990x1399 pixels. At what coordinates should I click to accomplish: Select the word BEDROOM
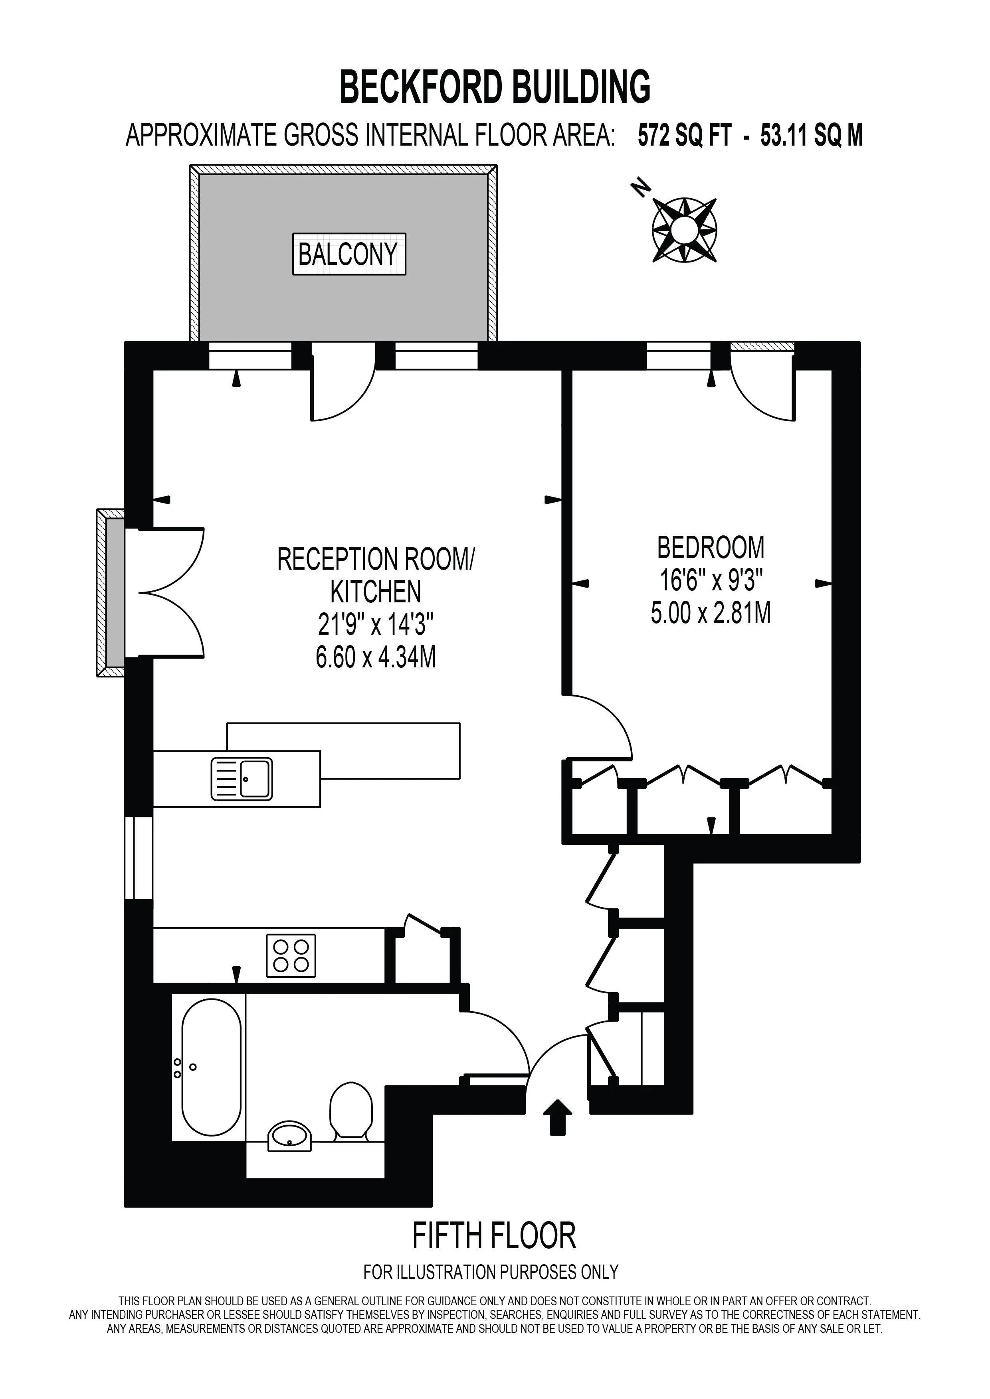[710, 547]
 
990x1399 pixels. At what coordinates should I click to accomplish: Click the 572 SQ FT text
[684, 135]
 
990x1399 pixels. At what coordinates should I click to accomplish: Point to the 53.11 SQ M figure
[812, 135]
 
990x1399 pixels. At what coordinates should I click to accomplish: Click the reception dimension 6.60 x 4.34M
[376, 657]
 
